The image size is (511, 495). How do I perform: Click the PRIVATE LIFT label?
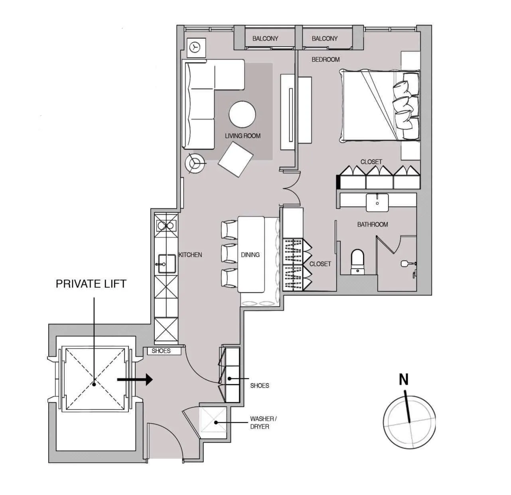click(x=91, y=284)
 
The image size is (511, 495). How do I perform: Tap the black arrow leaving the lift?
click(x=135, y=379)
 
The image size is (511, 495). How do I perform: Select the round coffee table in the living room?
click(x=242, y=114)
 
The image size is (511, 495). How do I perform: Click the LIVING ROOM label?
click(x=243, y=136)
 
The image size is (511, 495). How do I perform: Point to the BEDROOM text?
click(x=326, y=59)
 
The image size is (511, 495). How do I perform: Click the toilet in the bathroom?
click(x=357, y=262)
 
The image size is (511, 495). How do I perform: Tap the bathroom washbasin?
click(x=377, y=202)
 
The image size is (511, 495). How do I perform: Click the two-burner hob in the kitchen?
click(x=166, y=226)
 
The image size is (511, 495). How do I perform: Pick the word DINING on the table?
click(x=250, y=255)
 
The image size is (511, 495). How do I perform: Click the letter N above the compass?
click(x=404, y=379)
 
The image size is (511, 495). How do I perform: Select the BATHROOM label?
click(x=373, y=224)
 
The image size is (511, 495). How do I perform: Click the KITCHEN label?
click(x=190, y=255)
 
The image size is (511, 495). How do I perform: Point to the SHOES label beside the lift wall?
click(x=161, y=351)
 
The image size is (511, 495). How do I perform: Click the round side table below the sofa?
click(x=195, y=163)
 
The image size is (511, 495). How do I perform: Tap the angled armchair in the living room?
click(x=235, y=159)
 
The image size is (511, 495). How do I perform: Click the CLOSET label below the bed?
click(x=371, y=162)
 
